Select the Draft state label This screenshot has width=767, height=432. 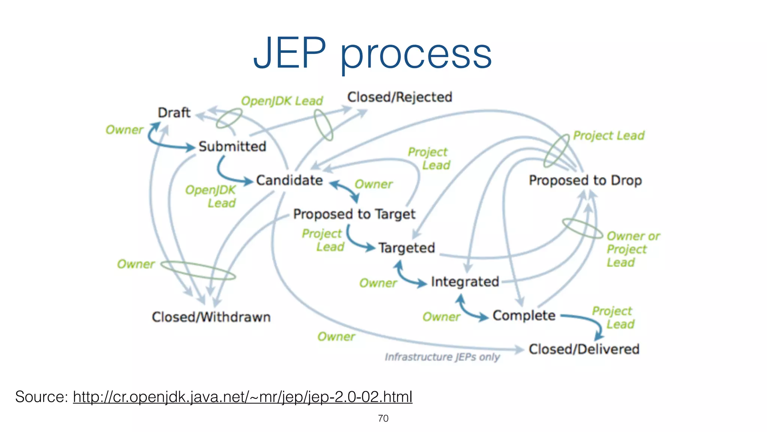(x=174, y=112)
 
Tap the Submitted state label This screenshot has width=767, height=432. (x=232, y=146)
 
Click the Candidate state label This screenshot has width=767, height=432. (x=289, y=180)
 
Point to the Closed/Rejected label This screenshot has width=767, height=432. (x=400, y=97)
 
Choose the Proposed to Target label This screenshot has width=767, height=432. (x=354, y=214)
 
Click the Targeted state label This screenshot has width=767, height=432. (x=407, y=248)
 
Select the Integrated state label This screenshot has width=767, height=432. (x=465, y=282)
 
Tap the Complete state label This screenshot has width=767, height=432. (x=524, y=316)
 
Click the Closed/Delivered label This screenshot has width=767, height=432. (x=584, y=349)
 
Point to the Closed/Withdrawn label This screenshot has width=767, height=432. (x=211, y=317)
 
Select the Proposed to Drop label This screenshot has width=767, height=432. (x=585, y=180)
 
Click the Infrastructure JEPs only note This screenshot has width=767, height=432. (x=442, y=357)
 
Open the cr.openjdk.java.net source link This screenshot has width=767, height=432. (x=243, y=397)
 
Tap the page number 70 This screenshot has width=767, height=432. (x=383, y=418)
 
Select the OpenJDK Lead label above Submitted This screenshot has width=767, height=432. (x=282, y=101)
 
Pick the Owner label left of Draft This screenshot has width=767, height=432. (x=124, y=130)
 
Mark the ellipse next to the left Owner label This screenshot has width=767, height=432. (x=198, y=270)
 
